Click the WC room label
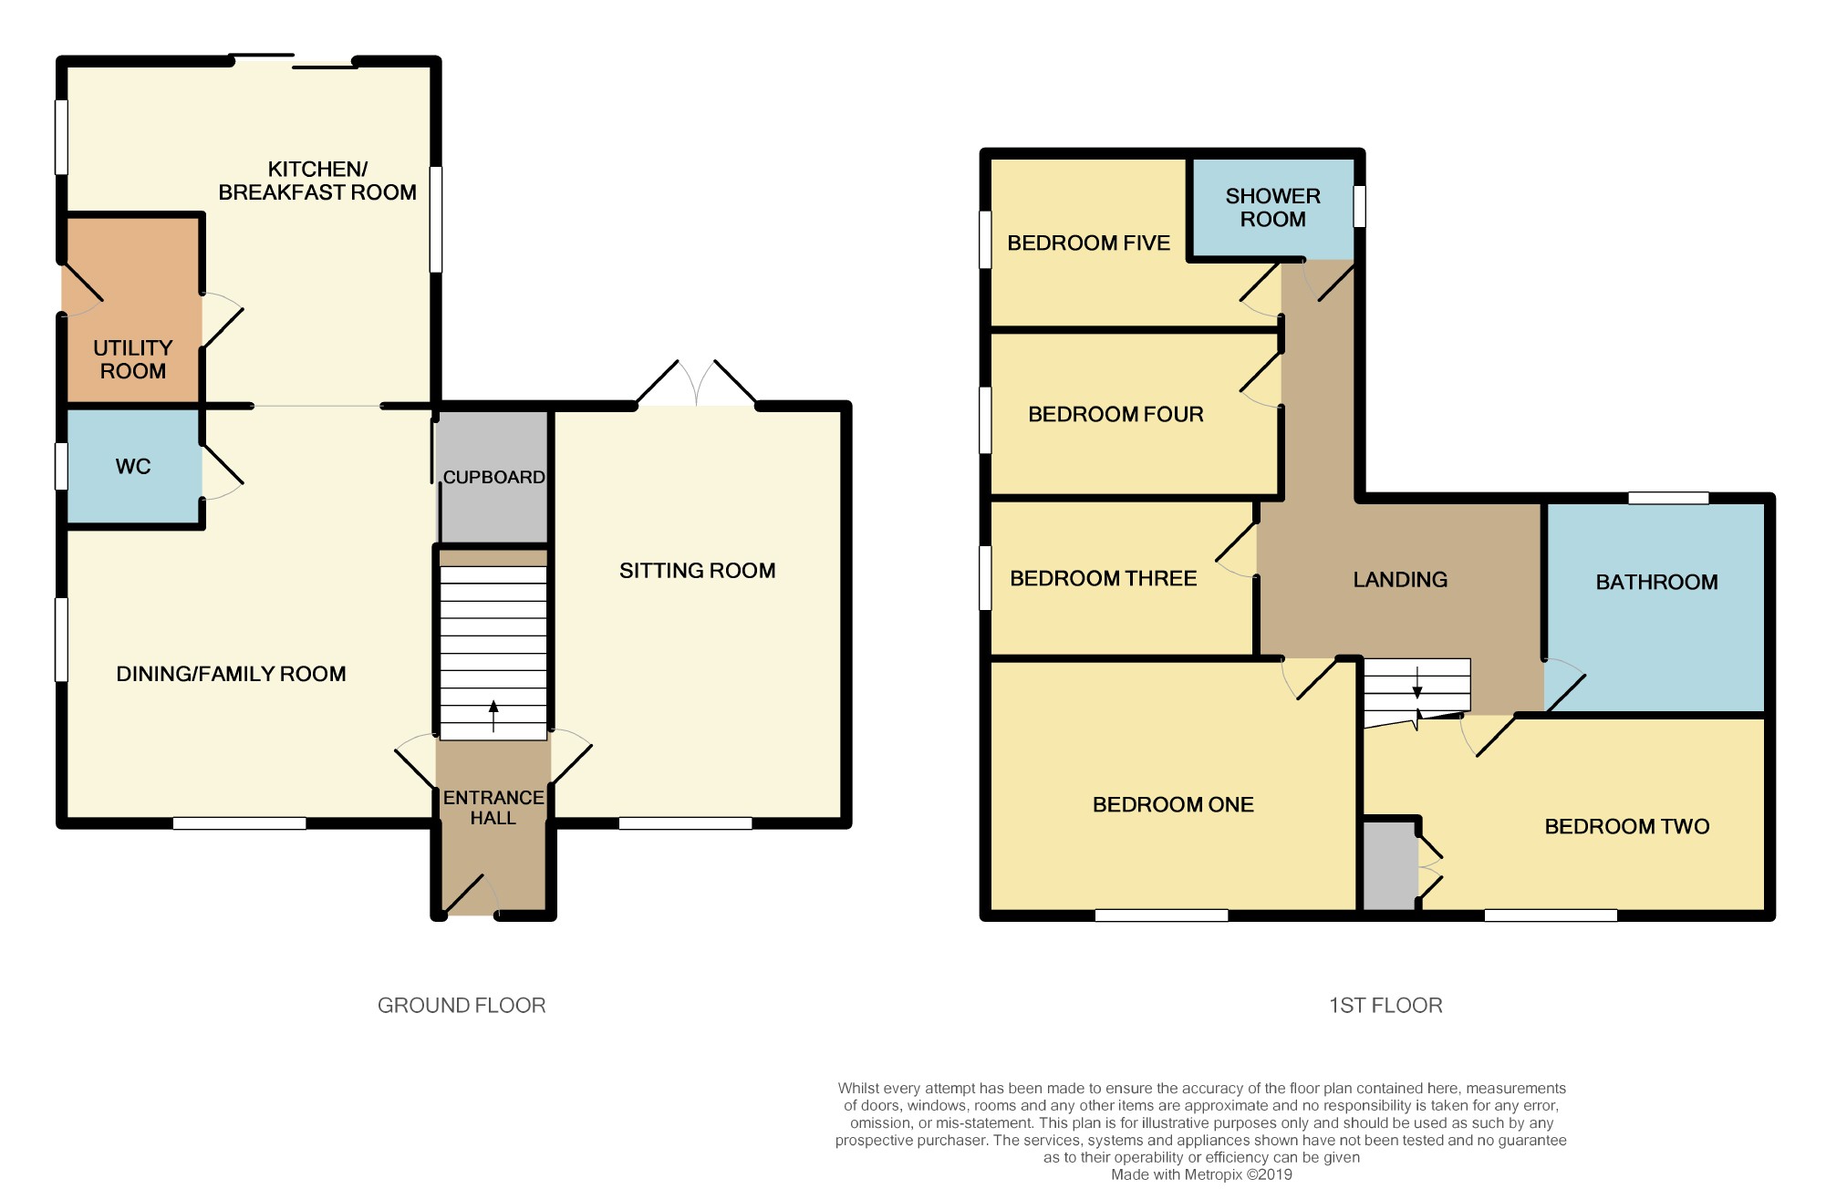(x=133, y=467)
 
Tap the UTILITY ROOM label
(x=133, y=359)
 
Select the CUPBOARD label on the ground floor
(x=493, y=477)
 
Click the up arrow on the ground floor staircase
(x=493, y=716)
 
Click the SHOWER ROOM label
(x=1272, y=208)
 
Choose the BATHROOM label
(x=1656, y=582)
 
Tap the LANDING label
(x=1400, y=579)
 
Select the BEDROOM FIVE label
(x=1088, y=243)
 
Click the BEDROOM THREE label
(x=1103, y=578)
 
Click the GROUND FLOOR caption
(x=462, y=1005)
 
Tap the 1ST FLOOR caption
(x=1385, y=1005)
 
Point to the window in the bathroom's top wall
(x=1668, y=498)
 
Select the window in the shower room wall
(x=1359, y=206)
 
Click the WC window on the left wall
(x=61, y=466)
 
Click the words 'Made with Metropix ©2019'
(x=1201, y=1174)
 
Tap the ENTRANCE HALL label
(x=493, y=808)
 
